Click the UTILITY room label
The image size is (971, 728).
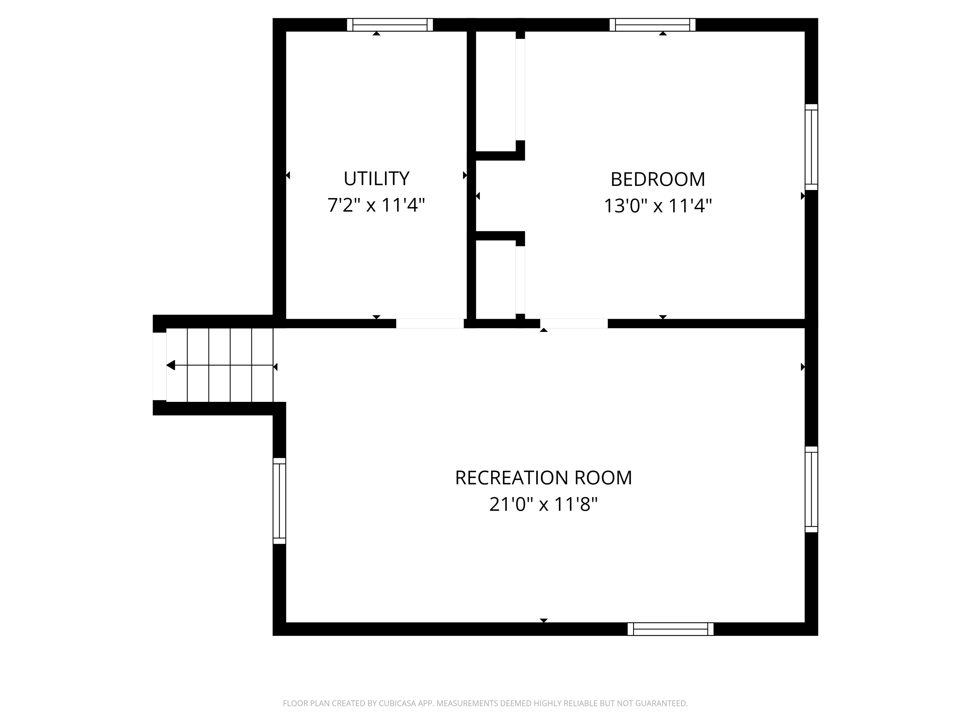[x=376, y=179]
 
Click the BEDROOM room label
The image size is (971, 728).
[x=658, y=179]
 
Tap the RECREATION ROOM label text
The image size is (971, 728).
[x=543, y=478]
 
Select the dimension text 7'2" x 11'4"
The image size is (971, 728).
[x=376, y=205]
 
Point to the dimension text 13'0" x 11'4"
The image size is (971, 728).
[x=658, y=206]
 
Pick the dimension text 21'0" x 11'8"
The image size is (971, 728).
[x=543, y=505]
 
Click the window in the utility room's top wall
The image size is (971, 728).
[x=390, y=25]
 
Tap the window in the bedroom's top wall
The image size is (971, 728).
[x=652, y=25]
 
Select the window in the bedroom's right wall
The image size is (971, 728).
[x=811, y=147]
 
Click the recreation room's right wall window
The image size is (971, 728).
[x=811, y=489]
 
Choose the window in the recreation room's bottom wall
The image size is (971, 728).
[x=670, y=629]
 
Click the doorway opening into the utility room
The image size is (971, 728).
[x=430, y=324]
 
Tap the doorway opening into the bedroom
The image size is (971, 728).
[x=574, y=324]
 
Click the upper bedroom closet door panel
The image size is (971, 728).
[x=520, y=90]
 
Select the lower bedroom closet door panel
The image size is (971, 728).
[x=520, y=280]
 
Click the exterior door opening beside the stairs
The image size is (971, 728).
[x=159, y=366]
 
